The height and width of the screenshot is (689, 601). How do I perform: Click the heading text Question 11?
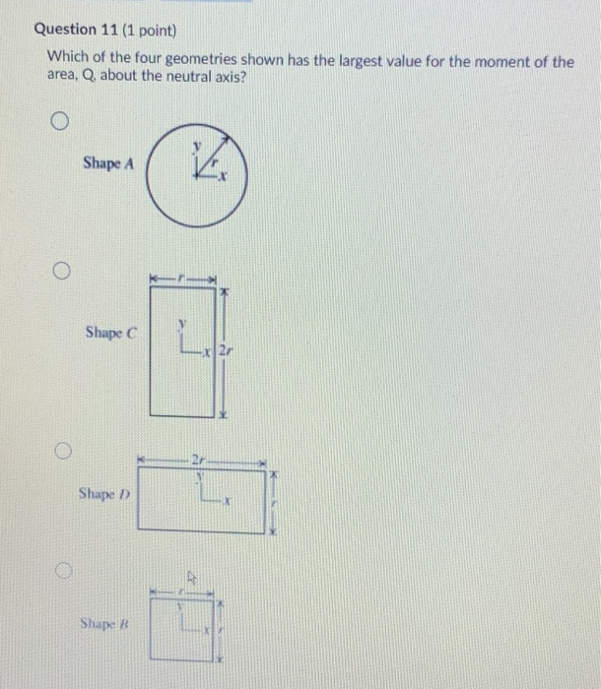(78, 30)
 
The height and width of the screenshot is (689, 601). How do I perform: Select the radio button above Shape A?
(60, 123)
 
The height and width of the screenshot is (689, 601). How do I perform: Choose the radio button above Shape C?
(60, 270)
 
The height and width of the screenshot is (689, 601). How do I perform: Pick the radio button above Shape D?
(61, 450)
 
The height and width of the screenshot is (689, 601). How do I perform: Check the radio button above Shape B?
(62, 571)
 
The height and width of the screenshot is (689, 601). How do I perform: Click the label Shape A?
(108, 163)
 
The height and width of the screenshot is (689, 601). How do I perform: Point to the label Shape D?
(106, 493)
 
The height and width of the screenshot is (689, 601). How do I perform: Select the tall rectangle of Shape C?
(182, 355)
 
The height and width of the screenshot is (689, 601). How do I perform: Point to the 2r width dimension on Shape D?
(201, 459)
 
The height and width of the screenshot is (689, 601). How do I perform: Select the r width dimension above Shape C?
(182, 280)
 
